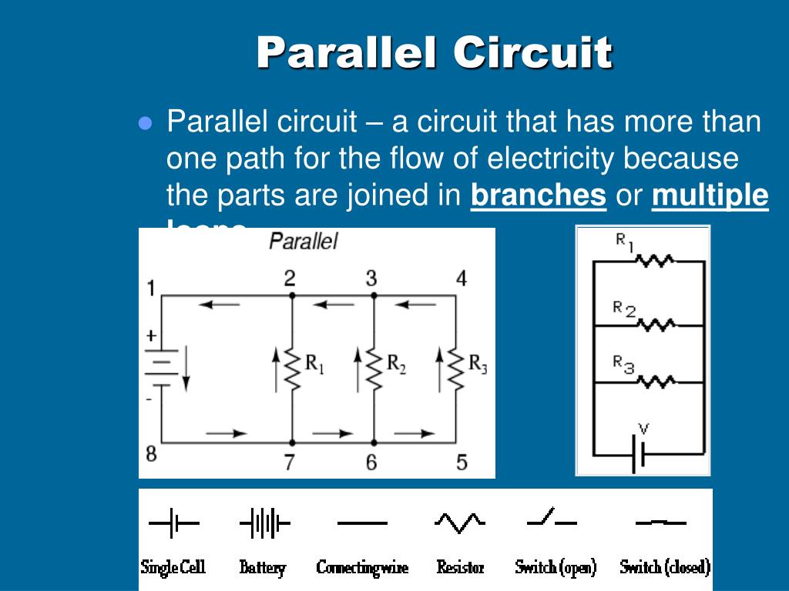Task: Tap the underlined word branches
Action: pos(538,196)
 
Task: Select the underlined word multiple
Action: pos(710,196)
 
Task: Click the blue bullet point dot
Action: pos(145,125)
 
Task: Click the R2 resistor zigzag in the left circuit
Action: pos(374,367)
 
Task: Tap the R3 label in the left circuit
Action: pos(478,362)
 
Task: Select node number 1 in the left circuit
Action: pos(151,289)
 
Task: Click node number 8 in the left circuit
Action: pos(151,454)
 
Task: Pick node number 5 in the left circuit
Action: pos(462,462)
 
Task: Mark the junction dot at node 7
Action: pos(292,442)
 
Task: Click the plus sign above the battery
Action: pos(151,336)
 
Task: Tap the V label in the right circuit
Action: pos(644,429)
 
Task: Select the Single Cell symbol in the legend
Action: pos(173,525)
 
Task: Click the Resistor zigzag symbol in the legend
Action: pos(459,523)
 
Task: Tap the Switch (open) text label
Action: pos(555,568)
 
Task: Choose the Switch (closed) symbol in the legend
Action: pos(660,523)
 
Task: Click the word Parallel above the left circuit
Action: pos(303,241)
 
